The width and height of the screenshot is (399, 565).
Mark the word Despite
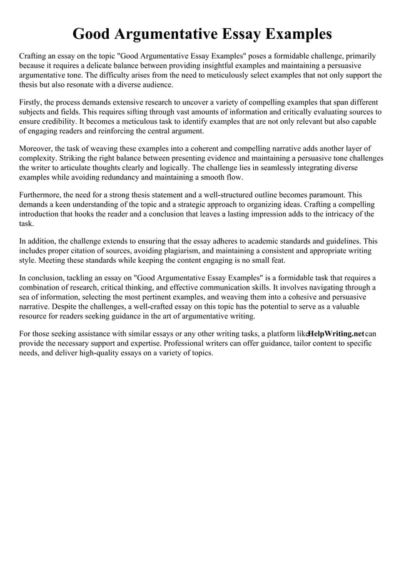tap(69, 307)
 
